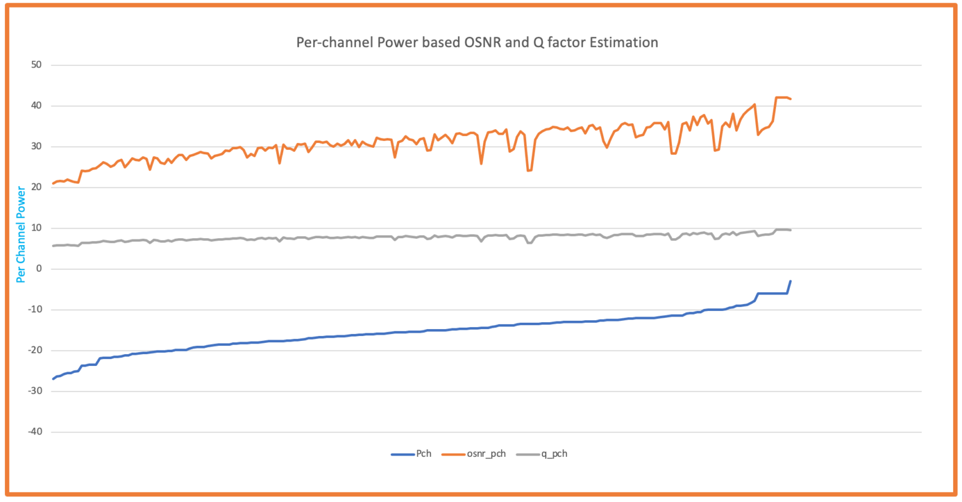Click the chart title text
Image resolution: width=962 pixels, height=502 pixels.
pyautogui.click(x=477, y=43)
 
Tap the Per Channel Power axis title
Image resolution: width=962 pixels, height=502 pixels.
pyautogui.click(x=21, y=234)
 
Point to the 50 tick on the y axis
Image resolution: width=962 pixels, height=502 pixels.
pyautogui.click(x=36, y=65)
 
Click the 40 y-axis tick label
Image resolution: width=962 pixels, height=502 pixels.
pyautogui.click(x=36, y=106)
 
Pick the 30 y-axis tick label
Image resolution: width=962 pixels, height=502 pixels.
pyautogui.click(x=36, y=147)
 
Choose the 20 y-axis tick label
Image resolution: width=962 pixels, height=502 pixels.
pyautogui.click(x=36, y=187)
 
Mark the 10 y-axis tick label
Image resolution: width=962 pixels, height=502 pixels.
pyautogui.click(x=36, y=228)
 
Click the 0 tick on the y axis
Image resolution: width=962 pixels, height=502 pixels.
pyautogui.click(x=39, y=269)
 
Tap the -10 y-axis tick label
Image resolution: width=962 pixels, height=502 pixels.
pyautogui.click(x=34, y=310)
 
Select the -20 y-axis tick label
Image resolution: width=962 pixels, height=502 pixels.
pyautogui.click(x=34, y=350)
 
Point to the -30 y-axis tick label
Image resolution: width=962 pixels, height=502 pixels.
pyautogui.click(x=34, y=391)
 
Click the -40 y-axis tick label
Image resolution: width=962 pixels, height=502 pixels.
pyautogui.click(x=34, y=432)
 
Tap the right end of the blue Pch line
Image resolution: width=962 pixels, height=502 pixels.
pyautogui.click(x=790, y=281)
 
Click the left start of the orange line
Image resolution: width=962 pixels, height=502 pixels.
pyautogui.click(x=53, y=184)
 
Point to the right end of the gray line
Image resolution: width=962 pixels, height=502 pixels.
pyautogui.click(x=790, y=230)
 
